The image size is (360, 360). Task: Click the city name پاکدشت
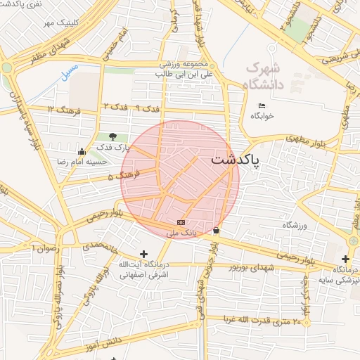pos(235,160)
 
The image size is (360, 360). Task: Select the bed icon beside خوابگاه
pos(262,105)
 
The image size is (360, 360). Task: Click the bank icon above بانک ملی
pos(181,222)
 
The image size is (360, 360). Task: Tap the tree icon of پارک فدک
pos(112,136)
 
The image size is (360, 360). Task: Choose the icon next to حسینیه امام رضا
pos(82,150)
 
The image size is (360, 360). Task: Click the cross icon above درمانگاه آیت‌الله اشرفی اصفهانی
pos(144,254)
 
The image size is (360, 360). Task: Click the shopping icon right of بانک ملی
pos(215,230)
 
